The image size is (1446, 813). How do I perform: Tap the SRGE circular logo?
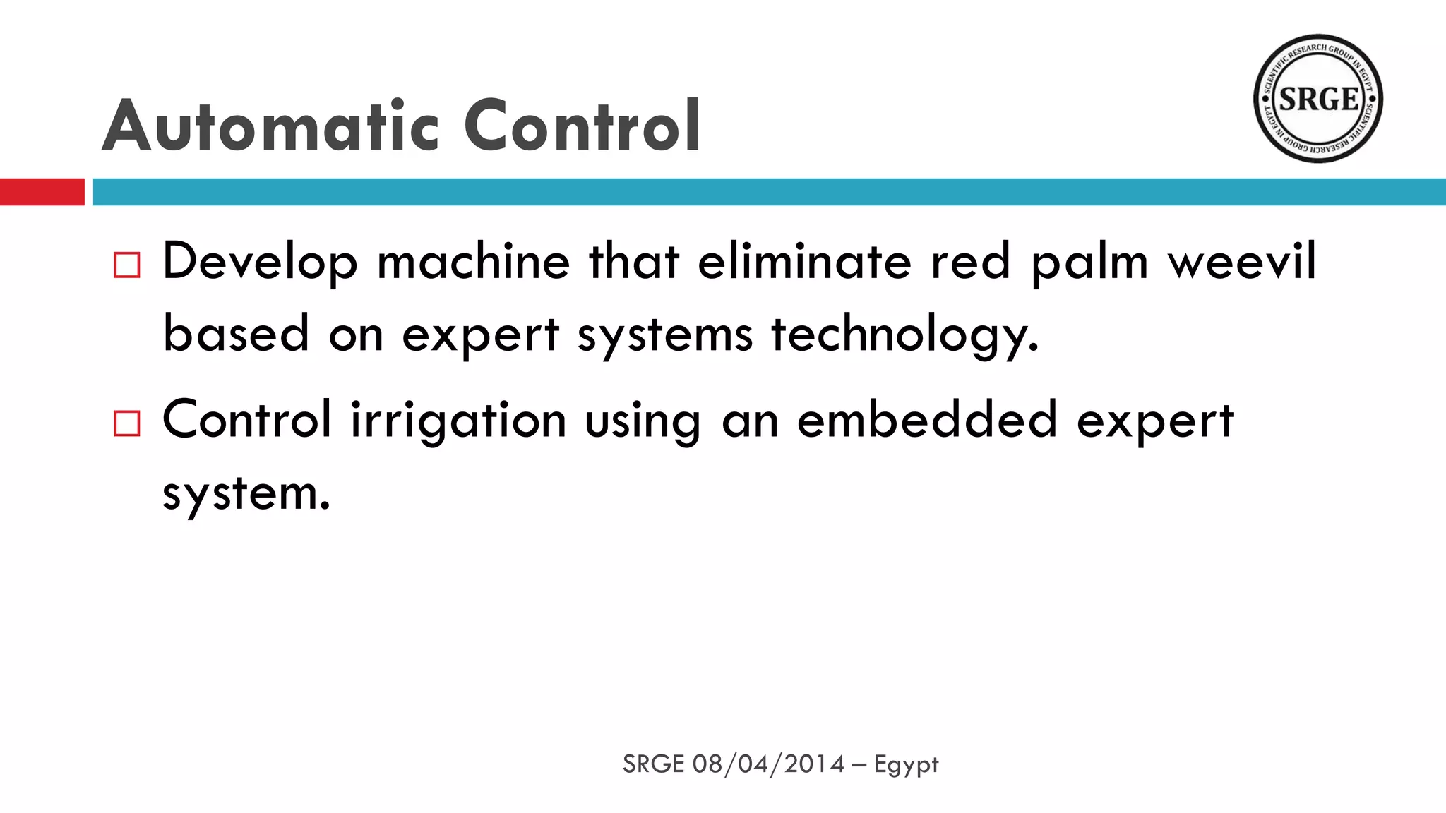coord(1317,98)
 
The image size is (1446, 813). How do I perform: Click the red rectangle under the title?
coord(42,192)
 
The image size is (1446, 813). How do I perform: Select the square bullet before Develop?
coord(127,265)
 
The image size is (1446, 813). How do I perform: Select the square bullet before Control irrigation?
coord(127,423)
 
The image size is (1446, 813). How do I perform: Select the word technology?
coord(904,336)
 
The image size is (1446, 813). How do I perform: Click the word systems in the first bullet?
coord(665,336)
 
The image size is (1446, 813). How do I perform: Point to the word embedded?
coord(926,420)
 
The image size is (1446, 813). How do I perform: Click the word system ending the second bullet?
coord(246,494)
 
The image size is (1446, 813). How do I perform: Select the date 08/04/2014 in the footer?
coord(768,764)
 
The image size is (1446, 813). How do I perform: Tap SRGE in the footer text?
coord(653,764)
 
